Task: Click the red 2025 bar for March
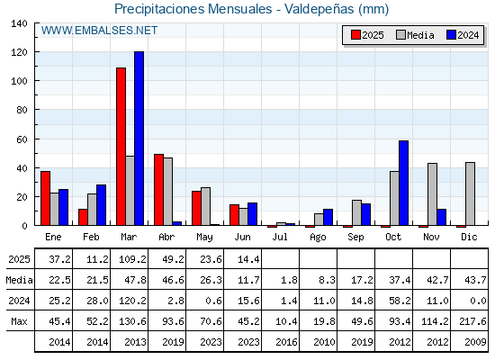121,146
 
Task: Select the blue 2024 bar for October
404,183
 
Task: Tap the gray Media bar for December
470,193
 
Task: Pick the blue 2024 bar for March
139,139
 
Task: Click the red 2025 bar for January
45,198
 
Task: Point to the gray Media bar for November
432,194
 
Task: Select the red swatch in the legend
355,35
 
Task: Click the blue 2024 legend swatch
451,35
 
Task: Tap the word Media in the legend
420,35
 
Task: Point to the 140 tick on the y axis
19,23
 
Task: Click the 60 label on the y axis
22,139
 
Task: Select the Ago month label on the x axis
318,238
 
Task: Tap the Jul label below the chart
280,237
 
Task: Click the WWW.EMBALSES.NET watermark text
99,31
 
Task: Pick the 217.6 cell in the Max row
472,321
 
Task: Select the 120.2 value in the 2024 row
132,301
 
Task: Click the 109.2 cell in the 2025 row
132,259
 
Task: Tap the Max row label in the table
19,321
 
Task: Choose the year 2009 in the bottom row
475,342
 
